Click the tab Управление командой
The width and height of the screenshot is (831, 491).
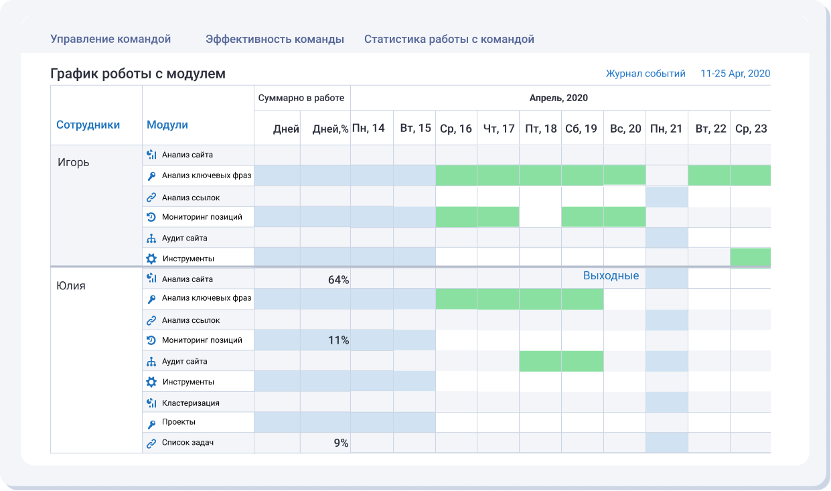point(110,39)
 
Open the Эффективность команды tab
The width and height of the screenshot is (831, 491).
point(275,39)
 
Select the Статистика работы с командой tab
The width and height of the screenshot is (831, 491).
point(449,39)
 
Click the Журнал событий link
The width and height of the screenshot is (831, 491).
point(646,74)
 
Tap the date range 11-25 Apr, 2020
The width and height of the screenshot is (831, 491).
point(735,74)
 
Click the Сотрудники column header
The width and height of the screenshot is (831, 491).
point(88,125)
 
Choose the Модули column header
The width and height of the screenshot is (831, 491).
point(167,125)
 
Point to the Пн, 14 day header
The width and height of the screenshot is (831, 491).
point(368,128)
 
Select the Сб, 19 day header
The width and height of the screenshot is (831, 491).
point(581,128)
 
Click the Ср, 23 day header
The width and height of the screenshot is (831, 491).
point(751,128)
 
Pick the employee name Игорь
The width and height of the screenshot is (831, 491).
point(73,162)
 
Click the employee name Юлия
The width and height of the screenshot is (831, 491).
point(71,285)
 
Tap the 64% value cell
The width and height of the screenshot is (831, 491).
point(338,279)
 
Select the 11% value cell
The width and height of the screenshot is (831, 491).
point(338,340)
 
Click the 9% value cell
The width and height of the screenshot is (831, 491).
point(341,443)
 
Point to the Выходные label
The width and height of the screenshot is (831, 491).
point(611,276)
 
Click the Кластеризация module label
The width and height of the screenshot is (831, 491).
point(190,403)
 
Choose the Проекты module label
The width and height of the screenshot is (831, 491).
point(178,423)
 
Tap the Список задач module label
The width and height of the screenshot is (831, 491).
point(187,443)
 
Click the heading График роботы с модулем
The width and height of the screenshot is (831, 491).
point(138,74)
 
